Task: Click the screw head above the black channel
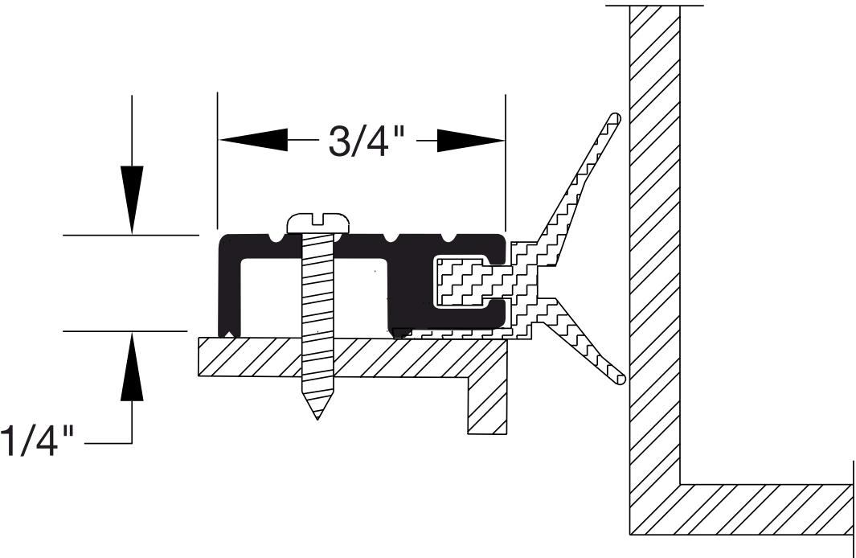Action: pyautogui.click(x=320, y=221)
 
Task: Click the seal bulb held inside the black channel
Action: pyautogui.click(x=461, y=281)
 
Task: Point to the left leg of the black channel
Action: pyautogui.click(x=231, y=285)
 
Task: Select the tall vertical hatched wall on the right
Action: pyautogui.click(x=654, y=241)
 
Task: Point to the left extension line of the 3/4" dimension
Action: pyautogui.click(x=218, y=161)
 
